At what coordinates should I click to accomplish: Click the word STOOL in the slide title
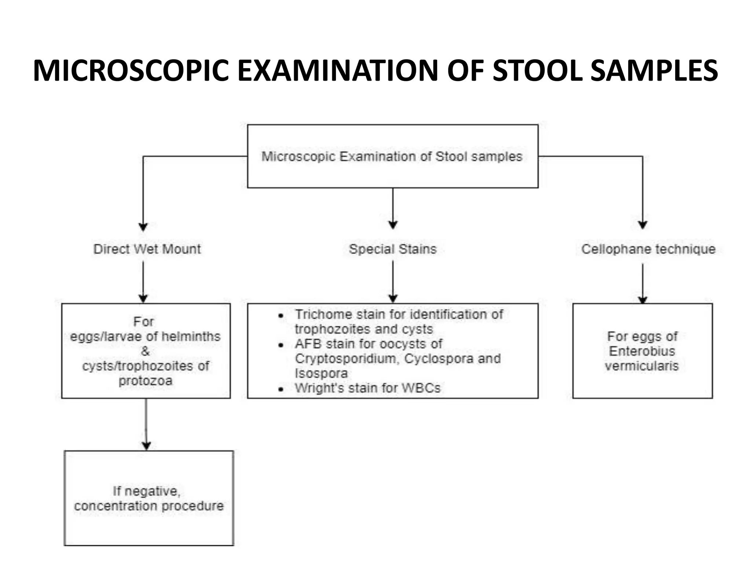(537, 70)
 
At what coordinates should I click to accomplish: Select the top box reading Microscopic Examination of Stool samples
(392, 157)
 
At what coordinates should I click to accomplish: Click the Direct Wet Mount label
(147, 249)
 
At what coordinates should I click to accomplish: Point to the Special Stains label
(393, 249)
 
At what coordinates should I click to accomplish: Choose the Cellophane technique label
(648, 249)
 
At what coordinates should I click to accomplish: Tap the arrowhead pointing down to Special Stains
(393, 225)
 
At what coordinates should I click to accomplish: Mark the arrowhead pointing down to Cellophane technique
(642, 225)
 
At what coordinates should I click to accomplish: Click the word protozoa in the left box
(146, 381)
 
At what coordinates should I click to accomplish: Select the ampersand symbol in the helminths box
(145, 351)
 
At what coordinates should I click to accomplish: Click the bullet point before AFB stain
(281, 345)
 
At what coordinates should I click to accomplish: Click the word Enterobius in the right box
(642, 351)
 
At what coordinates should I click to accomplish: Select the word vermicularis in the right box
(642, 366)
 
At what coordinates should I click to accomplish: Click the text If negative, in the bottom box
(146, 491)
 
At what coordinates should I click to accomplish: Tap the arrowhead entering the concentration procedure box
(146, 446)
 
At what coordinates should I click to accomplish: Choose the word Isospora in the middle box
(321, 374)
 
